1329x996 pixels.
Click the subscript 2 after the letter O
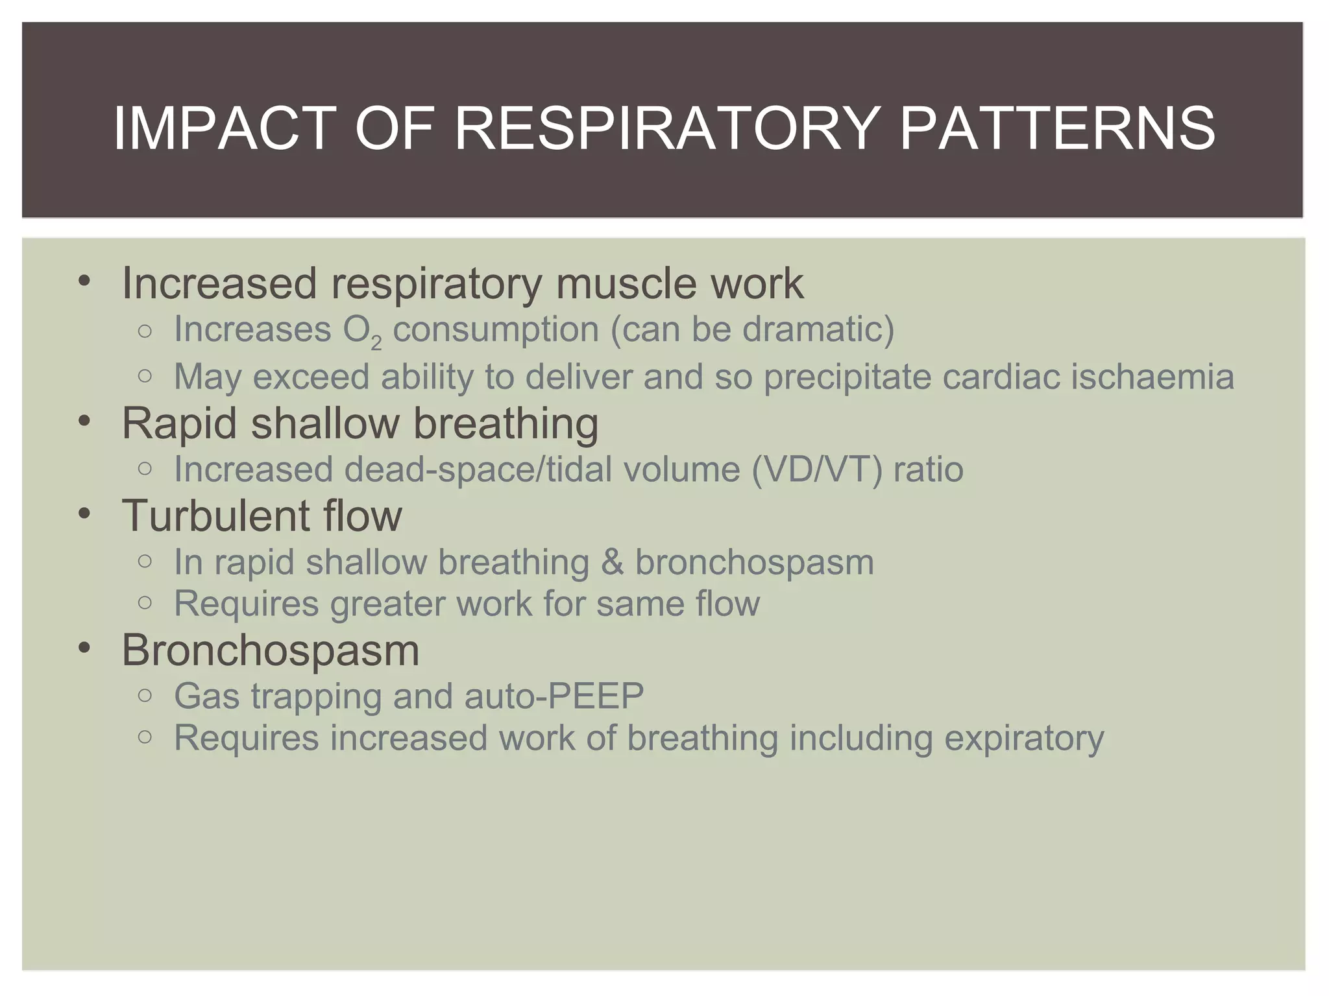pos(376,343)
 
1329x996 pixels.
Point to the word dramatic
pos(818,329)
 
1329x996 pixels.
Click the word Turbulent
pos(207,516)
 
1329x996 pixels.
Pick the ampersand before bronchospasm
pos(612,562)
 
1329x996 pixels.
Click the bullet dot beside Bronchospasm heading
pos(84,648)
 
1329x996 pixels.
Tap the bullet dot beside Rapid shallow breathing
pos(84,422)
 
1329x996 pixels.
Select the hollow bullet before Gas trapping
pos(145,696)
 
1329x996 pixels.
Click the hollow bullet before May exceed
pos(145,376)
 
